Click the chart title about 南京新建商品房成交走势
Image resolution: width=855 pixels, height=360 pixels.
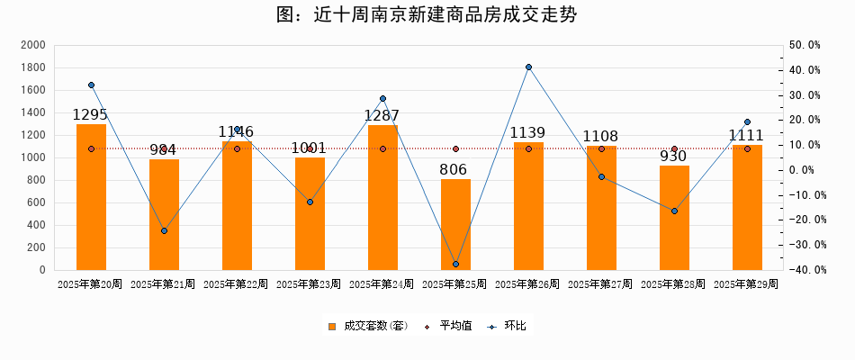pyautogui.click(x=427, y=15)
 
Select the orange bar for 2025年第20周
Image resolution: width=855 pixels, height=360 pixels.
pyautogui.click(x=91, y=198)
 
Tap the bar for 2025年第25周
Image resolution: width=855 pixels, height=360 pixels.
pyautogui.click(x=455, y=225)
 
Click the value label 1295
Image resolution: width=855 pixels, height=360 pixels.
pyautogui.click(x=90, y=115)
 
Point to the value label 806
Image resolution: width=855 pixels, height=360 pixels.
pyautogui.click(x=455, y=169)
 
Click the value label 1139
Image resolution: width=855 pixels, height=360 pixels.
pyautogui.click(x=527, y=133)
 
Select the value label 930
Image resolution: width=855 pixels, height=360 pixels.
pyautogui.click(x=673, y=157)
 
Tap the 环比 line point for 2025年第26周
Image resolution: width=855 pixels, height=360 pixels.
pyautogui.click(x=528, y=67)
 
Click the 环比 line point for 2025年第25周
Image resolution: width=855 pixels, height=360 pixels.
pyautogui.click(x=455, y=265)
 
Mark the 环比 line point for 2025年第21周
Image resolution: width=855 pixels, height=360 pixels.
pyautogui.click(x=164, y=231)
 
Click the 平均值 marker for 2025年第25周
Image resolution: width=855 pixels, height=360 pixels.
pyautogui.click(x=455, y=149)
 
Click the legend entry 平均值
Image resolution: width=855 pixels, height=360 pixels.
pyautogui.click(x=448, y=326)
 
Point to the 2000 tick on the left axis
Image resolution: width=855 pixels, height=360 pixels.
pyautogui.click(x=32, y=45)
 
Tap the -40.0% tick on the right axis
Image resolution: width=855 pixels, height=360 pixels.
pyautogui.click(x=804, y=270)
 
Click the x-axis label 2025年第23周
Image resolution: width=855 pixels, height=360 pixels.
pyautogui.click(x=309, y=284)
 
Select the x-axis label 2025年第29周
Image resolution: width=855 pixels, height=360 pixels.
pyautogui.click(x=746, y=284)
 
